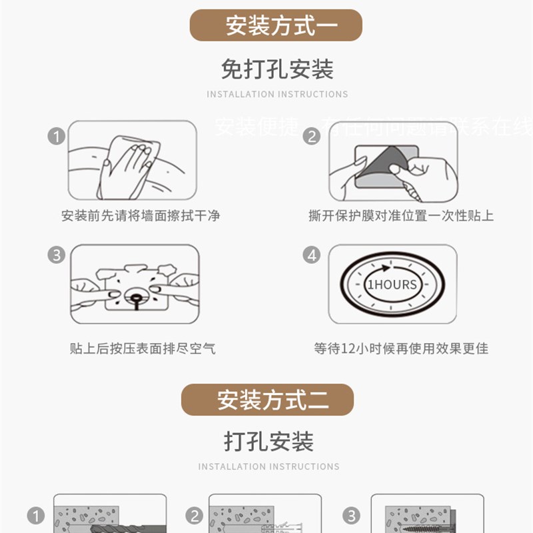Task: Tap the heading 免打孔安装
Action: click(276, 69)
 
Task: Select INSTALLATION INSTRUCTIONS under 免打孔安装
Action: click(276, 95)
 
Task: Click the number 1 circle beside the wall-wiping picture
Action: click(57, 137)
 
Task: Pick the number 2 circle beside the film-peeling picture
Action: click(311, 137)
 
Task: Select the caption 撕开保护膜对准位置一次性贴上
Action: click(401, 216)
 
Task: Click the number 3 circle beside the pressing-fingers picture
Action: click(57, 255)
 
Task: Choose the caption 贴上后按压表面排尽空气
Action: click(142, 348)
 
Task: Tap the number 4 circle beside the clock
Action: click(311, 255)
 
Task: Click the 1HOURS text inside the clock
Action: click(392, 284)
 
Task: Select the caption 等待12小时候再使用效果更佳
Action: click(401, 348)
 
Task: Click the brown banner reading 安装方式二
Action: click(267, 400)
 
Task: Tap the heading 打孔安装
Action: click(268, 441)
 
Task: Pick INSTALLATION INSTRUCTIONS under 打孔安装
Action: click(268, 466)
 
